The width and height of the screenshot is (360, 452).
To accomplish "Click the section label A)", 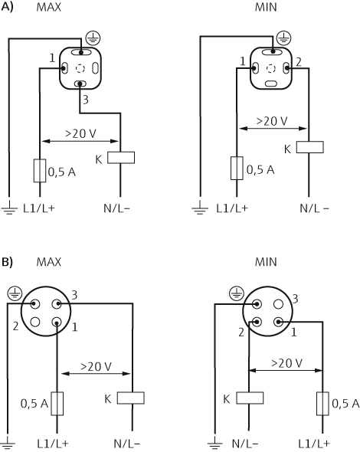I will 8,8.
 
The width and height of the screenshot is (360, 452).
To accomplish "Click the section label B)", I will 8,261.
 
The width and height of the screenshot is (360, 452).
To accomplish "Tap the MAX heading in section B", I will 48,262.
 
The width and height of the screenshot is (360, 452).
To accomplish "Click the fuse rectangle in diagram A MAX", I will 38,170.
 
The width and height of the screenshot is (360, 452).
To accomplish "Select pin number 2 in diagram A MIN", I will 298,60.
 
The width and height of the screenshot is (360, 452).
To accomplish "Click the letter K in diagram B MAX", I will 108,398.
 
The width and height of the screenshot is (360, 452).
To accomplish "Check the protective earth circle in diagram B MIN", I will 235,293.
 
